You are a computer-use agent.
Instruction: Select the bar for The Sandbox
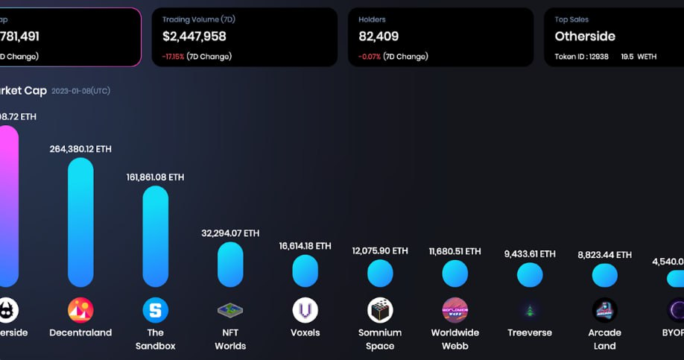tap(156, 236)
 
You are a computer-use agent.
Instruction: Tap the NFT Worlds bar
tap(230, 265)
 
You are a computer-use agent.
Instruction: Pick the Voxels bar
tap(305, 271)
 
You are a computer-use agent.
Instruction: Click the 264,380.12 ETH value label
tap(80, 149)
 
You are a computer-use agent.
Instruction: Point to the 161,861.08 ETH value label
tap(156, 177)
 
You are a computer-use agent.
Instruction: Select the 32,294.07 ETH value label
tap(230, 233)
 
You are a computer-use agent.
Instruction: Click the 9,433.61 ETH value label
tap(530, 253)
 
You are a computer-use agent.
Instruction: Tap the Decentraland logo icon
tap(80, 310)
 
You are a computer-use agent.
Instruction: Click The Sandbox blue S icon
tap(156, 310)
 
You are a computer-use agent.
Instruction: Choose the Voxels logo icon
tap(305, 310)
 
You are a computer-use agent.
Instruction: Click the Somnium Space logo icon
tap(380, 310)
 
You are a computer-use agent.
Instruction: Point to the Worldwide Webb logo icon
tap(455, 310)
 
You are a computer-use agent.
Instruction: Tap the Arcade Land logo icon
tap(604, 310)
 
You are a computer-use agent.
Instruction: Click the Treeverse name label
tap(530, 332)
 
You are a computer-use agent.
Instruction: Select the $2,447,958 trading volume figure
tap(194, 36)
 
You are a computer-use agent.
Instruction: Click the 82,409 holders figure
tap(379, 36)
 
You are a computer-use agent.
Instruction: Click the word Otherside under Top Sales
tap(585, 36)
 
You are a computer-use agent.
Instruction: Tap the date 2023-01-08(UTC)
tap(80, 91)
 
